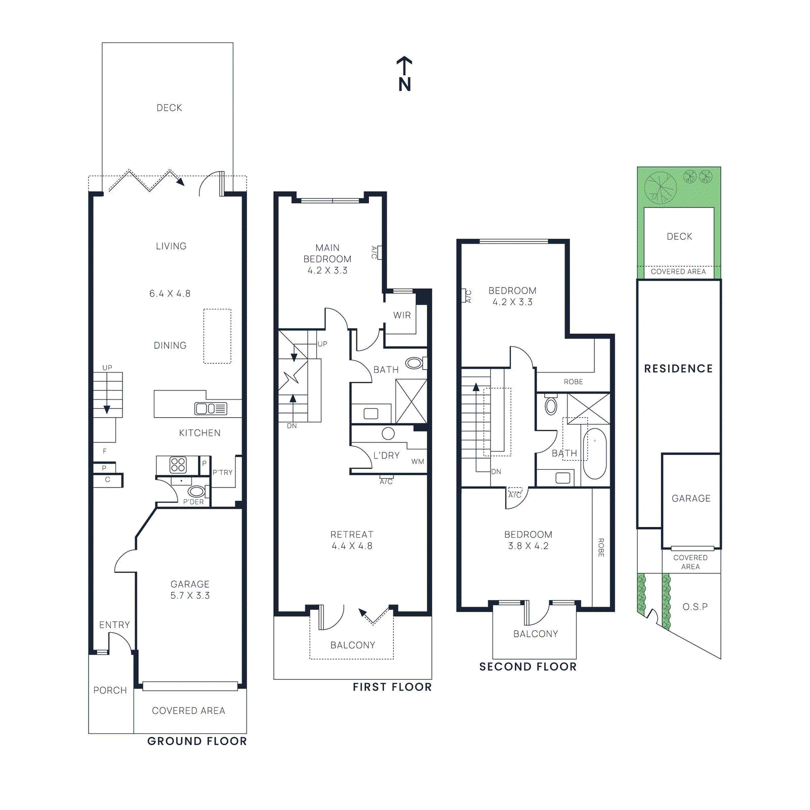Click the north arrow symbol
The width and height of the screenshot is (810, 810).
point(404,74)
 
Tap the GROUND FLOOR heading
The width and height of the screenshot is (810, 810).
point(197,741)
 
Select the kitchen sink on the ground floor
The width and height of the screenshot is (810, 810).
point(211,409)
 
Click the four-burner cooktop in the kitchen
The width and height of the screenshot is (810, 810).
point(178,464)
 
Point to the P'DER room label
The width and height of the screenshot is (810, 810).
point(193,502)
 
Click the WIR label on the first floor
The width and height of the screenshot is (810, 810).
point(402,315)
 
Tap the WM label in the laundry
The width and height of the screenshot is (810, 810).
point(418,461)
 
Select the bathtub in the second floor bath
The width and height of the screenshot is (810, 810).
point(594,454)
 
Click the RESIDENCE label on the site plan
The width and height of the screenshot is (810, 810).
point(678,369)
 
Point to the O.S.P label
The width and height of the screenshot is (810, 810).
point(695,606)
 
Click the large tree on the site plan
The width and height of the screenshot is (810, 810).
point(660,187)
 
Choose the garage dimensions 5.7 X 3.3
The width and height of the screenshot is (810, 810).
point(190,596)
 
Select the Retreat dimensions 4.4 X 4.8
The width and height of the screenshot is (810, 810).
point(352,546)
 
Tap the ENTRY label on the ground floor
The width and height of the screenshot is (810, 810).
point(114,625)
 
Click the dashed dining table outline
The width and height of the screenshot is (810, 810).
point(217,336)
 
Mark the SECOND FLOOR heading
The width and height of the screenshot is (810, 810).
point(528,667)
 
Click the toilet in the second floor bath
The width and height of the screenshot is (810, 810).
point(551,406)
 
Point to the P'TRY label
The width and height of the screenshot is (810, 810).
point(222,472)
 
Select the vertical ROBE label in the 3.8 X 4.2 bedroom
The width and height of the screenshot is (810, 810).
point(601,548)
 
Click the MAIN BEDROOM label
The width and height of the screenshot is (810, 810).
point(327,253)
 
